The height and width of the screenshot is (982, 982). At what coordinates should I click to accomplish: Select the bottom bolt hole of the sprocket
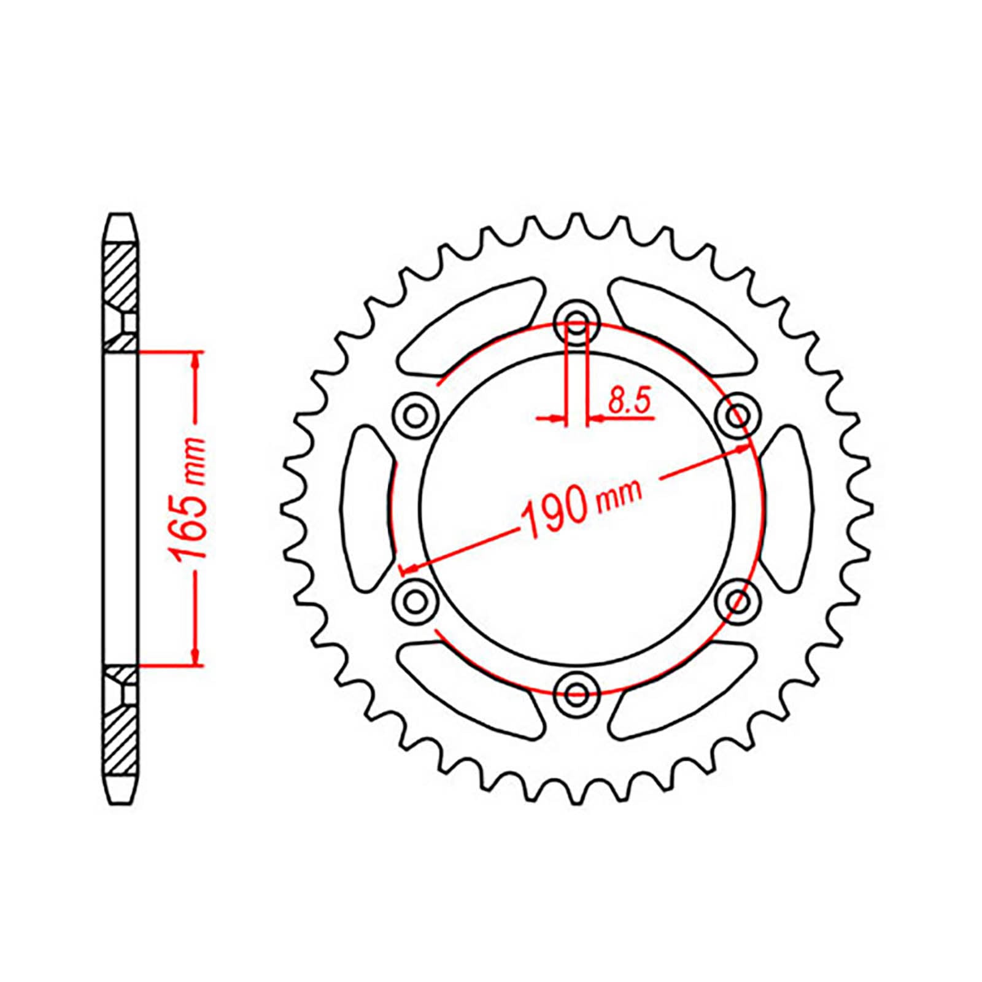576,694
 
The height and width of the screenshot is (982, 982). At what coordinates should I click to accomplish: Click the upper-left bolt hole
416,416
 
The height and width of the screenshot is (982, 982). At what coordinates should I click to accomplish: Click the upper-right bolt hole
737,416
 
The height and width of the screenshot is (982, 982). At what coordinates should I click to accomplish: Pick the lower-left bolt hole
416,600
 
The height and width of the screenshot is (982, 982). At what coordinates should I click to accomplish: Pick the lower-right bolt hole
737,600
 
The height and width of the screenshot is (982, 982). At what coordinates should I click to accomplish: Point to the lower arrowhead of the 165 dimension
196,655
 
